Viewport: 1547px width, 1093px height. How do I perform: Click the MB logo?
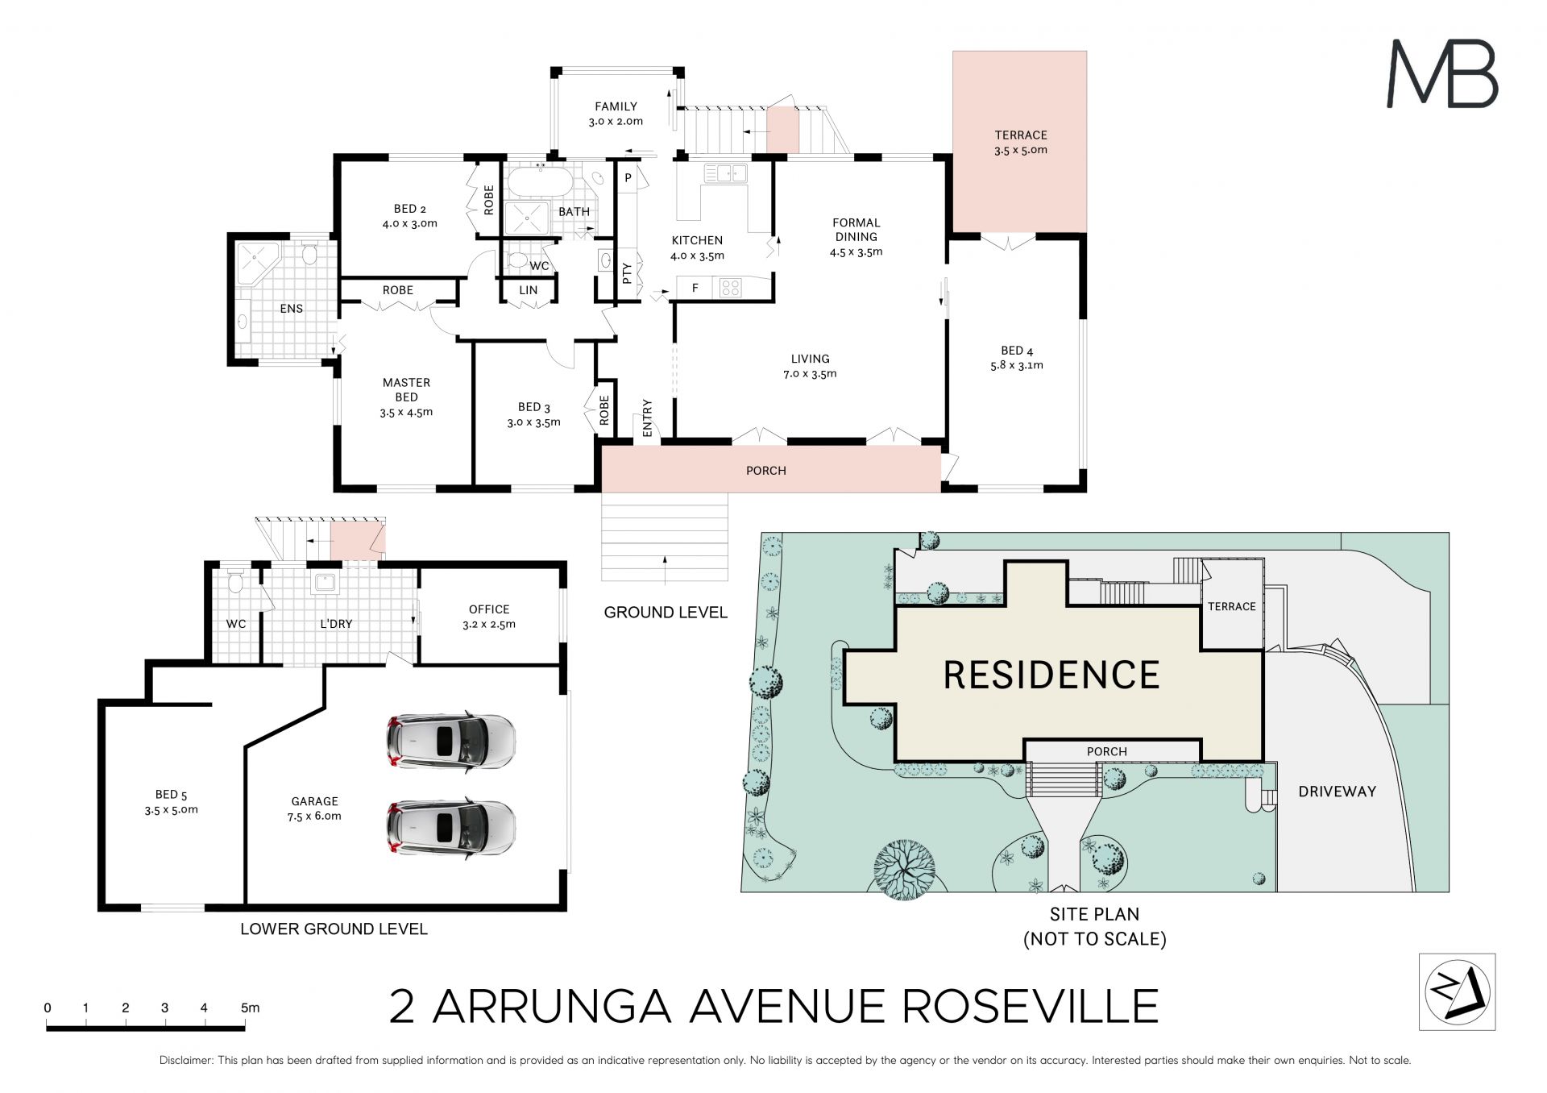pyautogui.click(x=1442, y=74)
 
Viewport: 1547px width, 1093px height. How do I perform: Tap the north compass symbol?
pyautogui.click(x=1457, y=991)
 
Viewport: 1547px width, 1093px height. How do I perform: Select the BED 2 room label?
pyautogui.click(x=409, y=209)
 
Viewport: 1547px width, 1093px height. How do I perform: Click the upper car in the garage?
pyautogui.click(x=451, y=740)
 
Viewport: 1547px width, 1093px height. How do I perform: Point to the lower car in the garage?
pyautogui.click(x=451, y=827)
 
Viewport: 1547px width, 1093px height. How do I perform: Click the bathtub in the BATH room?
pyautogui.click(x=541, y=181)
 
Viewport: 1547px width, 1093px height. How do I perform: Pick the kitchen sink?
pyautogui.click(x=725, y=172)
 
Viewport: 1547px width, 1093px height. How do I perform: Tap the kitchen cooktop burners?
pyautogui.click(x=730, y=287)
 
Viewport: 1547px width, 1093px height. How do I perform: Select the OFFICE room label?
pyautogui.click(x=489, y=609)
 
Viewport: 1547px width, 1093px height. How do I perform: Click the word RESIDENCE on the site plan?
pyautogui.click(x=1051, y=675)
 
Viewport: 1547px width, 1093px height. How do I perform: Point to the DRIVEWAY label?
pyautogui.click(x=1337, y=792)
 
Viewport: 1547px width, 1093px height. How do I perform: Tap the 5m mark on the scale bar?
pyautogui.click(x=250, y=1008)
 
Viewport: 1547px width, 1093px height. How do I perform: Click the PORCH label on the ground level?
pyautogui.click(x=765, y=471)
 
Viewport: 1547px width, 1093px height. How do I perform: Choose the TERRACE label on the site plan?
pyautogui.click(x=1231, y=606)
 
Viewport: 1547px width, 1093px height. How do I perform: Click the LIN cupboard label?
pyautogui.click(x=528, y=290)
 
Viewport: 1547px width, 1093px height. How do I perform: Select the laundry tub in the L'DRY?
pyautogui.click(x=325, y=582)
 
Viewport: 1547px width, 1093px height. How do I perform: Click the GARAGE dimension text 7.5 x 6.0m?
pyautogui.click(x=314, y=816)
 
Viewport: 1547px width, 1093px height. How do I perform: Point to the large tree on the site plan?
pyautogui.click(x=904, y=869)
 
